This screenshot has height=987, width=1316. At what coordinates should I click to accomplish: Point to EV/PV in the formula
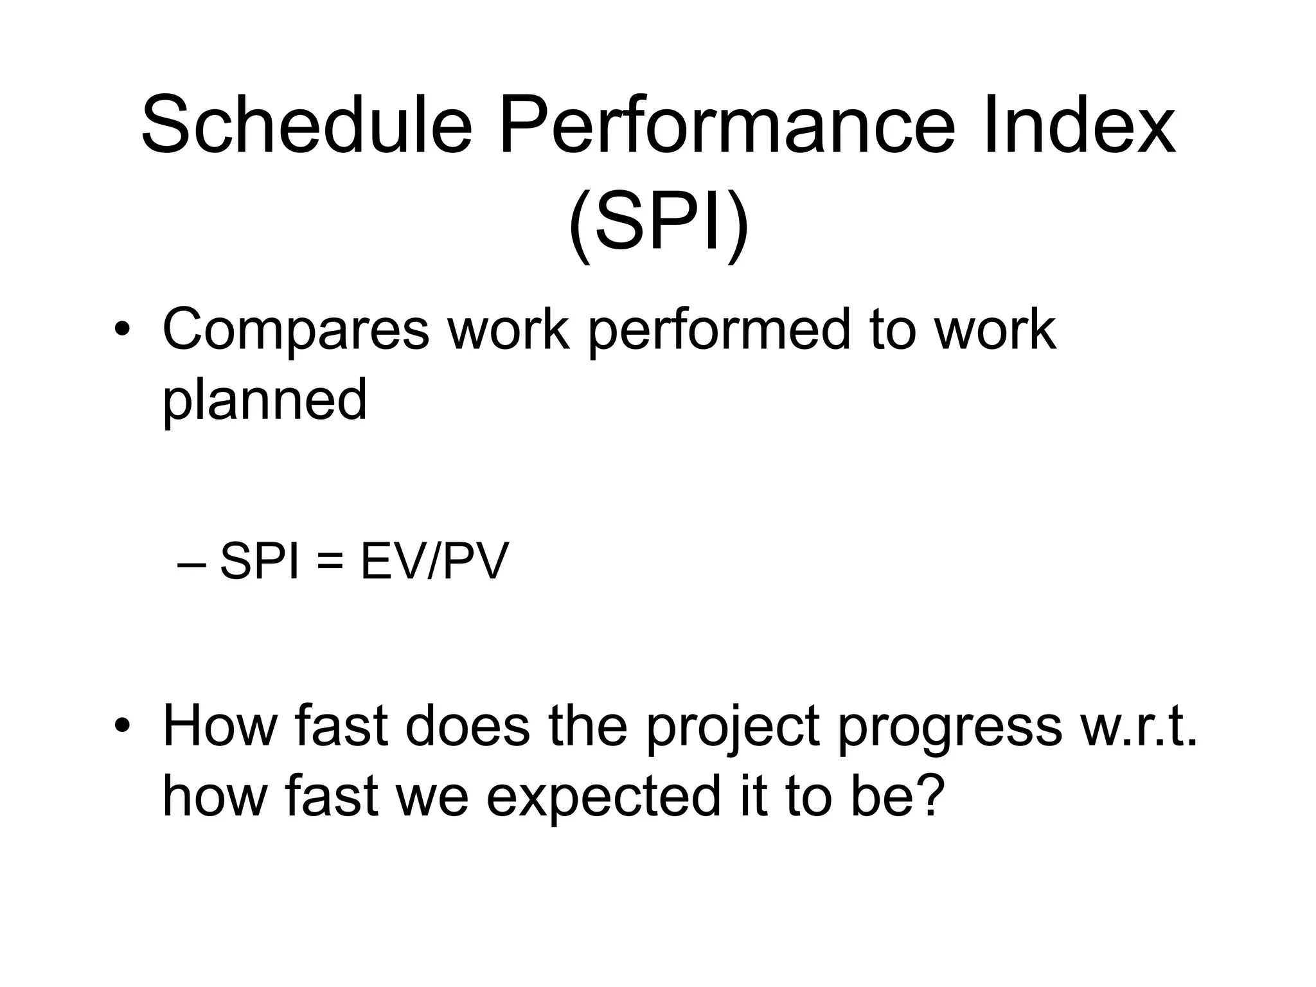coord(434,562)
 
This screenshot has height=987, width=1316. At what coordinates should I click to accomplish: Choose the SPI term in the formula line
coord(260,562)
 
